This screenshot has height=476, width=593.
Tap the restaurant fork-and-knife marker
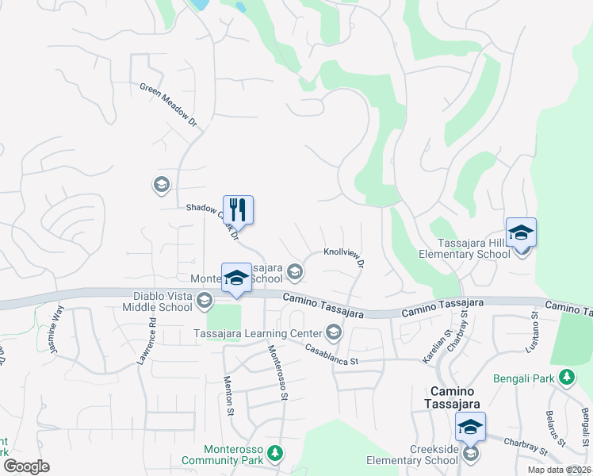tap(238, 210)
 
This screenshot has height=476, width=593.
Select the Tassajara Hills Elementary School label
tap(466, 249)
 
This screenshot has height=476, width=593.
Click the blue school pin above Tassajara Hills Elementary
tap(521, 232)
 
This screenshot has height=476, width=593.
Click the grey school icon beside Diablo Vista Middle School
tap(205, 300)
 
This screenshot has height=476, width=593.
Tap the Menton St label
tap(229, 395)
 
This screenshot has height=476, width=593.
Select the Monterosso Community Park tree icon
tap(274, 452)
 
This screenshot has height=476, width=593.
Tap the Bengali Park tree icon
tap(567, 377)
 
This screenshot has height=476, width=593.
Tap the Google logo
tap(26, 466)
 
